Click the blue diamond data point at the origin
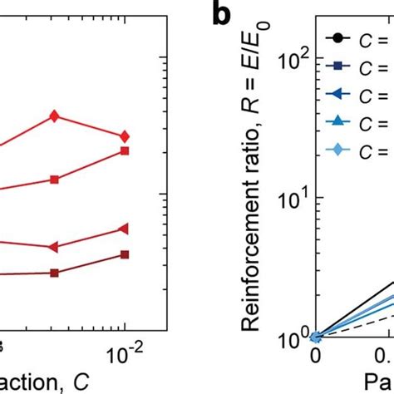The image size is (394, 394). coord(315,337)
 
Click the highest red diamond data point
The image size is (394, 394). coord(55,116)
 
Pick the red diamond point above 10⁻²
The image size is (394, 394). coord(125,136)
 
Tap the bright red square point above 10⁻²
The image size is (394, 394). coord(125,150)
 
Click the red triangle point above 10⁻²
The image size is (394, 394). coord(125,229)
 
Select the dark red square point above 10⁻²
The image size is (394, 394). coord(125,255)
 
